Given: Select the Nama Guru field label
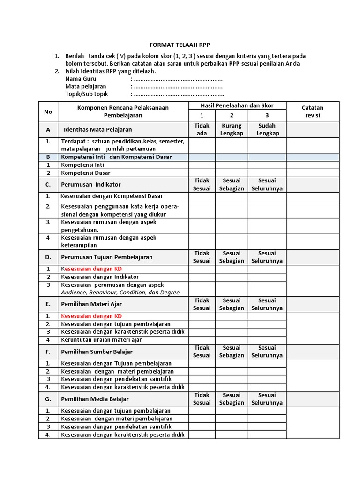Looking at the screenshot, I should (81, 79).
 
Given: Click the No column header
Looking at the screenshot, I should (48, 111).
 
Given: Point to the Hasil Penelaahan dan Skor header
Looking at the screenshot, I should (237, 105).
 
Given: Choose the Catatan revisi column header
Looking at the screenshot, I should (312, 111).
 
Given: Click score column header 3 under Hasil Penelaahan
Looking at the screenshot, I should (267, 115).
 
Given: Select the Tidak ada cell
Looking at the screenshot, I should (202, 129).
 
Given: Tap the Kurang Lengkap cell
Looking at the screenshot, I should (232, 129).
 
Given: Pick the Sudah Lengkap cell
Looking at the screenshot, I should (267, 129).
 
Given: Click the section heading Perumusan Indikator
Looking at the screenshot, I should (90, 185).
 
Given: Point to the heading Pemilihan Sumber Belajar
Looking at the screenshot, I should (97, 352).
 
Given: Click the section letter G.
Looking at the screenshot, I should (48, 399).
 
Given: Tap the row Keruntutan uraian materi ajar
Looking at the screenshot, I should (101, 340).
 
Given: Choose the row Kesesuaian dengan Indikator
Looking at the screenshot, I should (100, 277).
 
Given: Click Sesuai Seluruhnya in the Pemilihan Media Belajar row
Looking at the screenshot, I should (267, 399).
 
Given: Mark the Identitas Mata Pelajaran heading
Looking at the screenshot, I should (97, 129).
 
